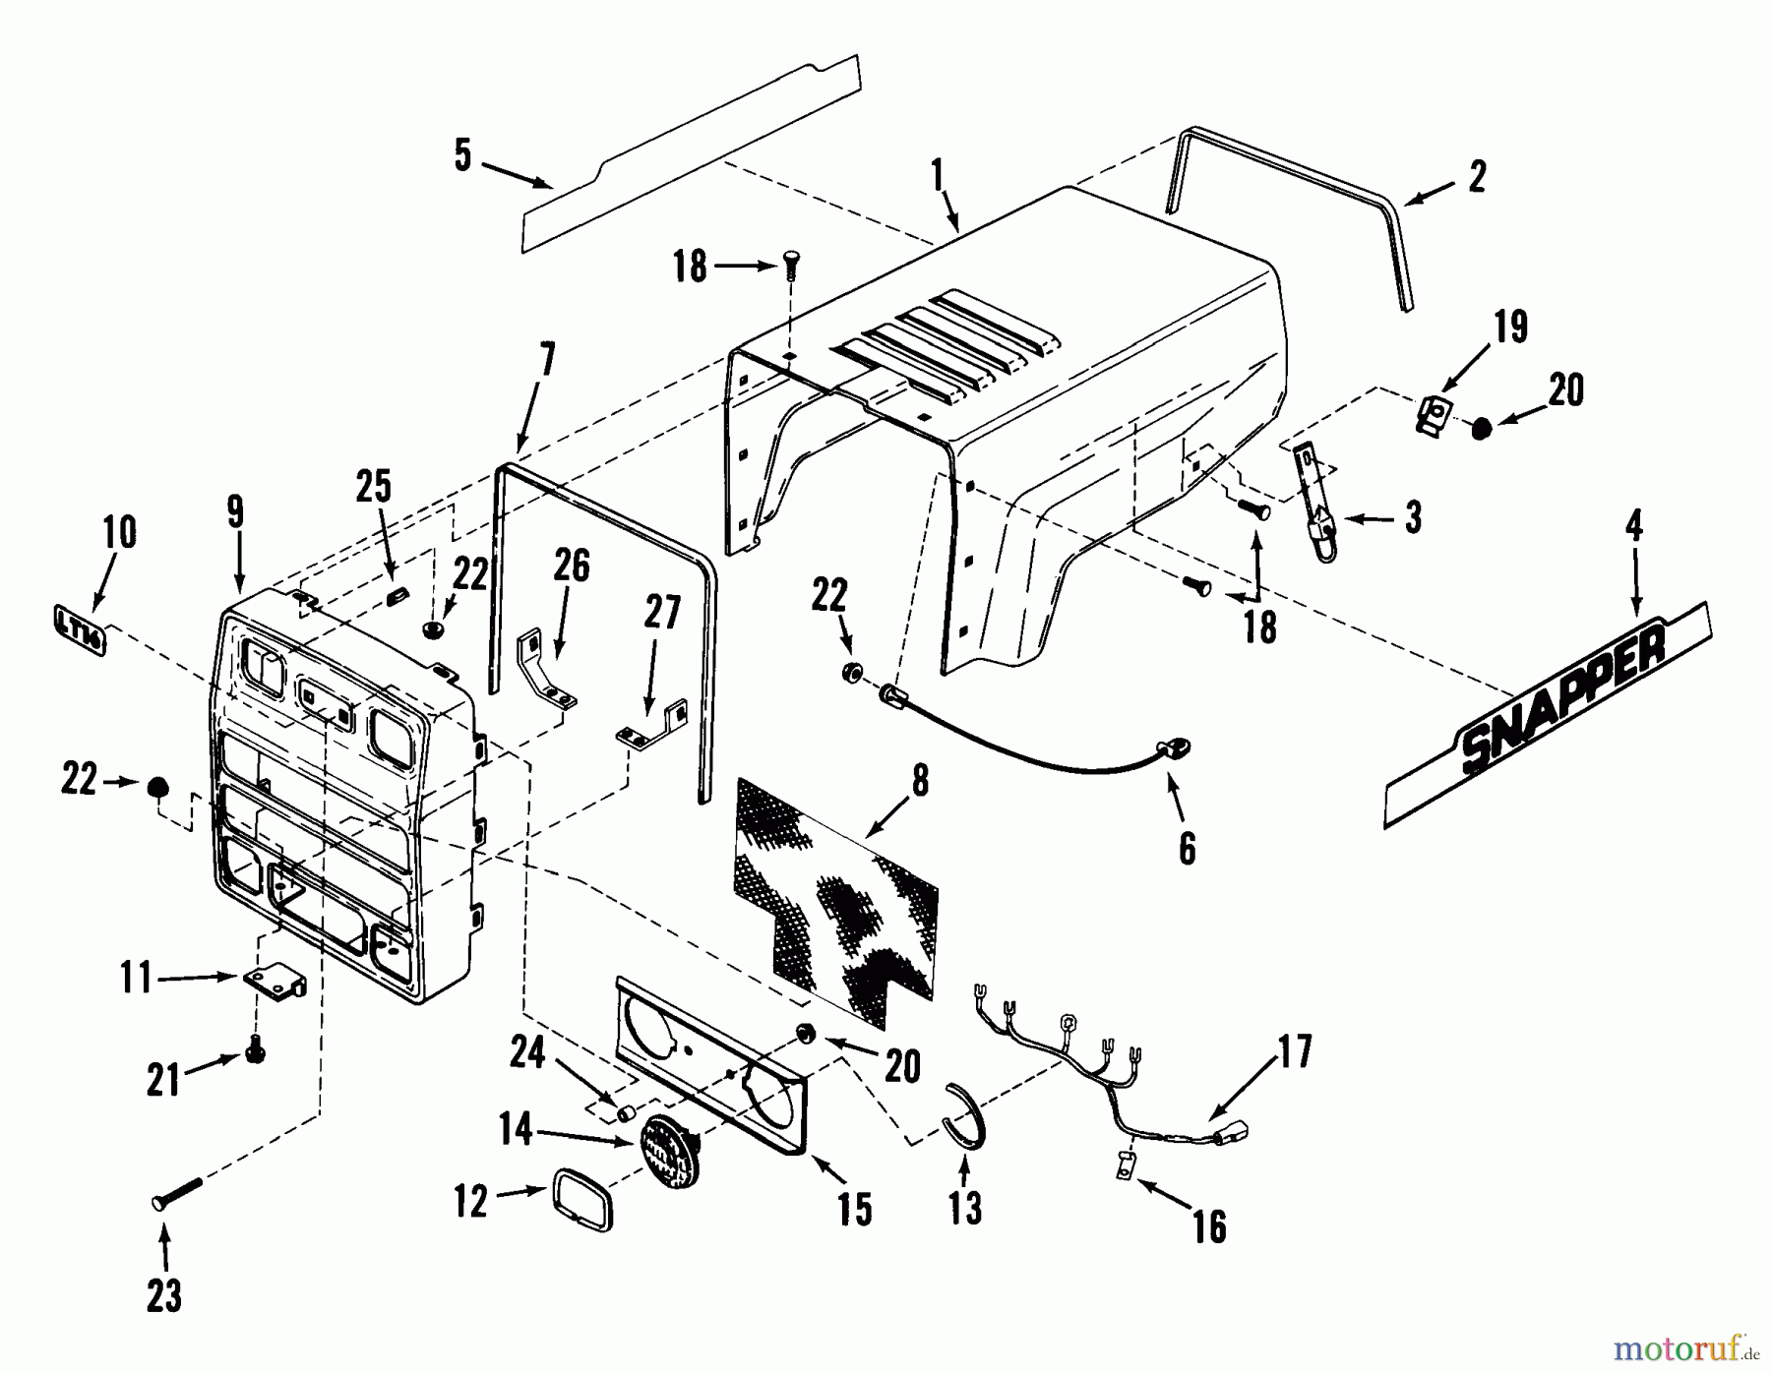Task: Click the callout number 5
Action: click(x=462, y=155)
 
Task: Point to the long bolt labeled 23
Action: click(x=177, y=1191)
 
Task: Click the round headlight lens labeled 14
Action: click(x=668, y=1147)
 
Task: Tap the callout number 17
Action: click(x=1295, y=1051)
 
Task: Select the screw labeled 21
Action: click(x=257, y=1053)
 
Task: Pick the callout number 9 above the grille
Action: click(x=235, y=512)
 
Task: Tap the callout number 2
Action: click(x=1476, y=177)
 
